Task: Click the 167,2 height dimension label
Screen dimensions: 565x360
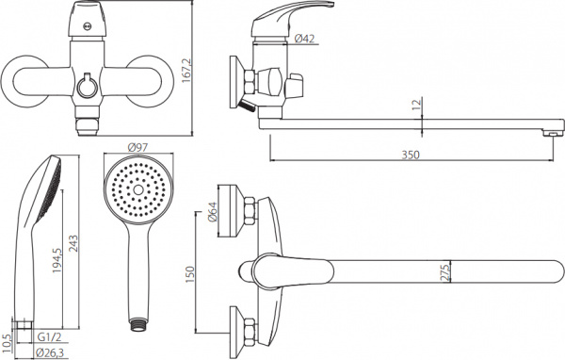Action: click(186, 71)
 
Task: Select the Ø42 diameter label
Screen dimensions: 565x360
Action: click(305, 39)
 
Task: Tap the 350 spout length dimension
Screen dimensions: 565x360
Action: click(411, 155)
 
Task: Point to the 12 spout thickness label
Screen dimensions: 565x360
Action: click(416, 104)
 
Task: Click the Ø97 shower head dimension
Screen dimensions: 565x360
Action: click(138, 147)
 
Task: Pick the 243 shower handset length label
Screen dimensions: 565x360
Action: click(73, 244)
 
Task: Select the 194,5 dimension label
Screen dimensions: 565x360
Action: click(57, 260)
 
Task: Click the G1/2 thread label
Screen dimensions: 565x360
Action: click(50, 337)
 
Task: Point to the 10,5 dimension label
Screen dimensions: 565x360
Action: click(7, 343)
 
